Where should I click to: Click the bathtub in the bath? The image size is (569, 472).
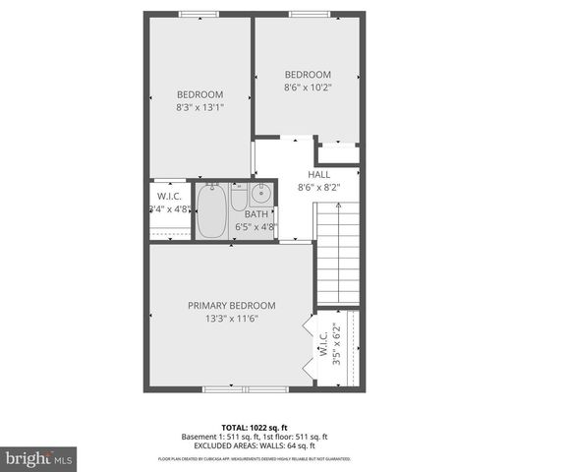tap(211, 212)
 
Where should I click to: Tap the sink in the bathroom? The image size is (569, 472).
tap(260, 193)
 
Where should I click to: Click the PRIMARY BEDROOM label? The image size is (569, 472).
tap(232, 305)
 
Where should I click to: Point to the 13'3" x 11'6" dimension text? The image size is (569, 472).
tap(232, 319)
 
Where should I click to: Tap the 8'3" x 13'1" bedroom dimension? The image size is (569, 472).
tap(200, 107)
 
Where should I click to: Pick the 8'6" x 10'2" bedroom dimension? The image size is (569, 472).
tap(308, 88)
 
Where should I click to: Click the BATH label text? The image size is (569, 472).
tap(256, 214)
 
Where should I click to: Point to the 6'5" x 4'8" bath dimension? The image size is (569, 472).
tap(256, 227)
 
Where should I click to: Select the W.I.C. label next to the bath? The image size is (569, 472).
tap(163, 196)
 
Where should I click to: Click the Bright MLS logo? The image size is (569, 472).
tap(40, 458)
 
